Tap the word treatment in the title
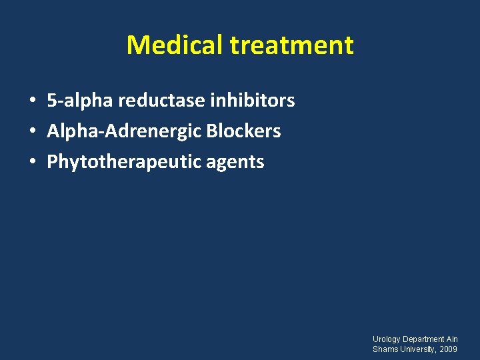pyautogui.click(x=291, y=45)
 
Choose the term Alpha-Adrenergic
pyautogui.click(x=124, y=131)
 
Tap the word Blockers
pyautogui.click(x=243, y=131)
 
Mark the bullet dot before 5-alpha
pyautogui.click(x=32, y=101)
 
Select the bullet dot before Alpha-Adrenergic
pyautogui.click(x=32, y=132)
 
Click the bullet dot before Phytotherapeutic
pyautogui.click(x=32, y=163)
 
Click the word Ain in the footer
pyautogui.click(x=453, y=339)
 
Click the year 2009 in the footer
pyautogui.click(x=449, y=349)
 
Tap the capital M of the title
pyautogui.click(x=137, y=45)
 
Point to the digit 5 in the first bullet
pyautogui.click(x=51, y=101)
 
